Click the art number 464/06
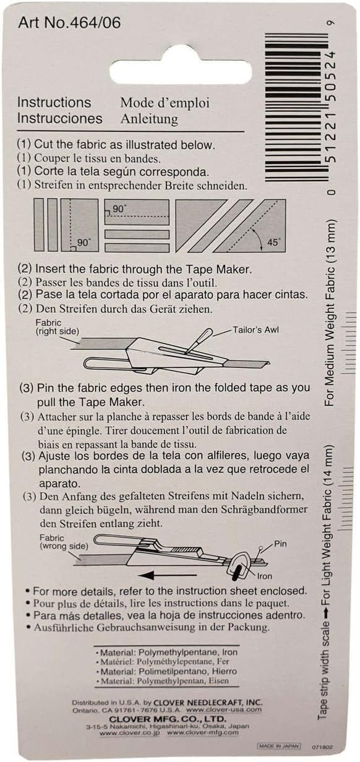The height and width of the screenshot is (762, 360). click(69, 23)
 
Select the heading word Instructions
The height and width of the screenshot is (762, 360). click(54, 103)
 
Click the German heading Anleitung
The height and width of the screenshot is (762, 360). click(148, 118)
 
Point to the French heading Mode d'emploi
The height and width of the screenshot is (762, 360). click(165, 103)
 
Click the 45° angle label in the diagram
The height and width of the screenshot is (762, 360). click(273, 242)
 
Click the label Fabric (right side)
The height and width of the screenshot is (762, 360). click(57, 327)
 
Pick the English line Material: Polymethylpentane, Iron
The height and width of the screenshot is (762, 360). click(167, 652)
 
